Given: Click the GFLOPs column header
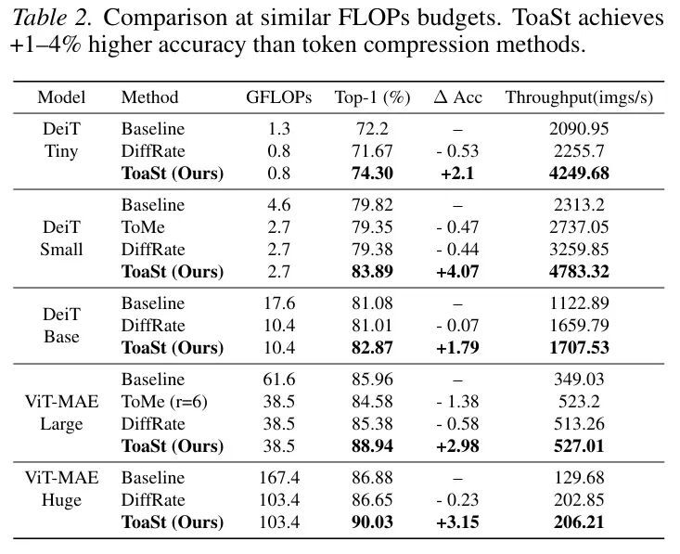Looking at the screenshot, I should [278, 97].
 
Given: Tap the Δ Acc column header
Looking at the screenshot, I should [457, 97].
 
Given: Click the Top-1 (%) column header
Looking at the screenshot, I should [372, 97].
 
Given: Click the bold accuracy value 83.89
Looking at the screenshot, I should [372, 272].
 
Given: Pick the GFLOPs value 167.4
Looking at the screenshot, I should [278, 477].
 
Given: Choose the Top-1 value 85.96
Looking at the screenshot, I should [372, 379].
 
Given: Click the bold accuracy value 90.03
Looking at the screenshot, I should [372, 522].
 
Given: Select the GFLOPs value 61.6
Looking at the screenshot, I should [278, 379].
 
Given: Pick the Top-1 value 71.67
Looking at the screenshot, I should [372, 150].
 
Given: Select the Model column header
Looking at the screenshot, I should [61, 97].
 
